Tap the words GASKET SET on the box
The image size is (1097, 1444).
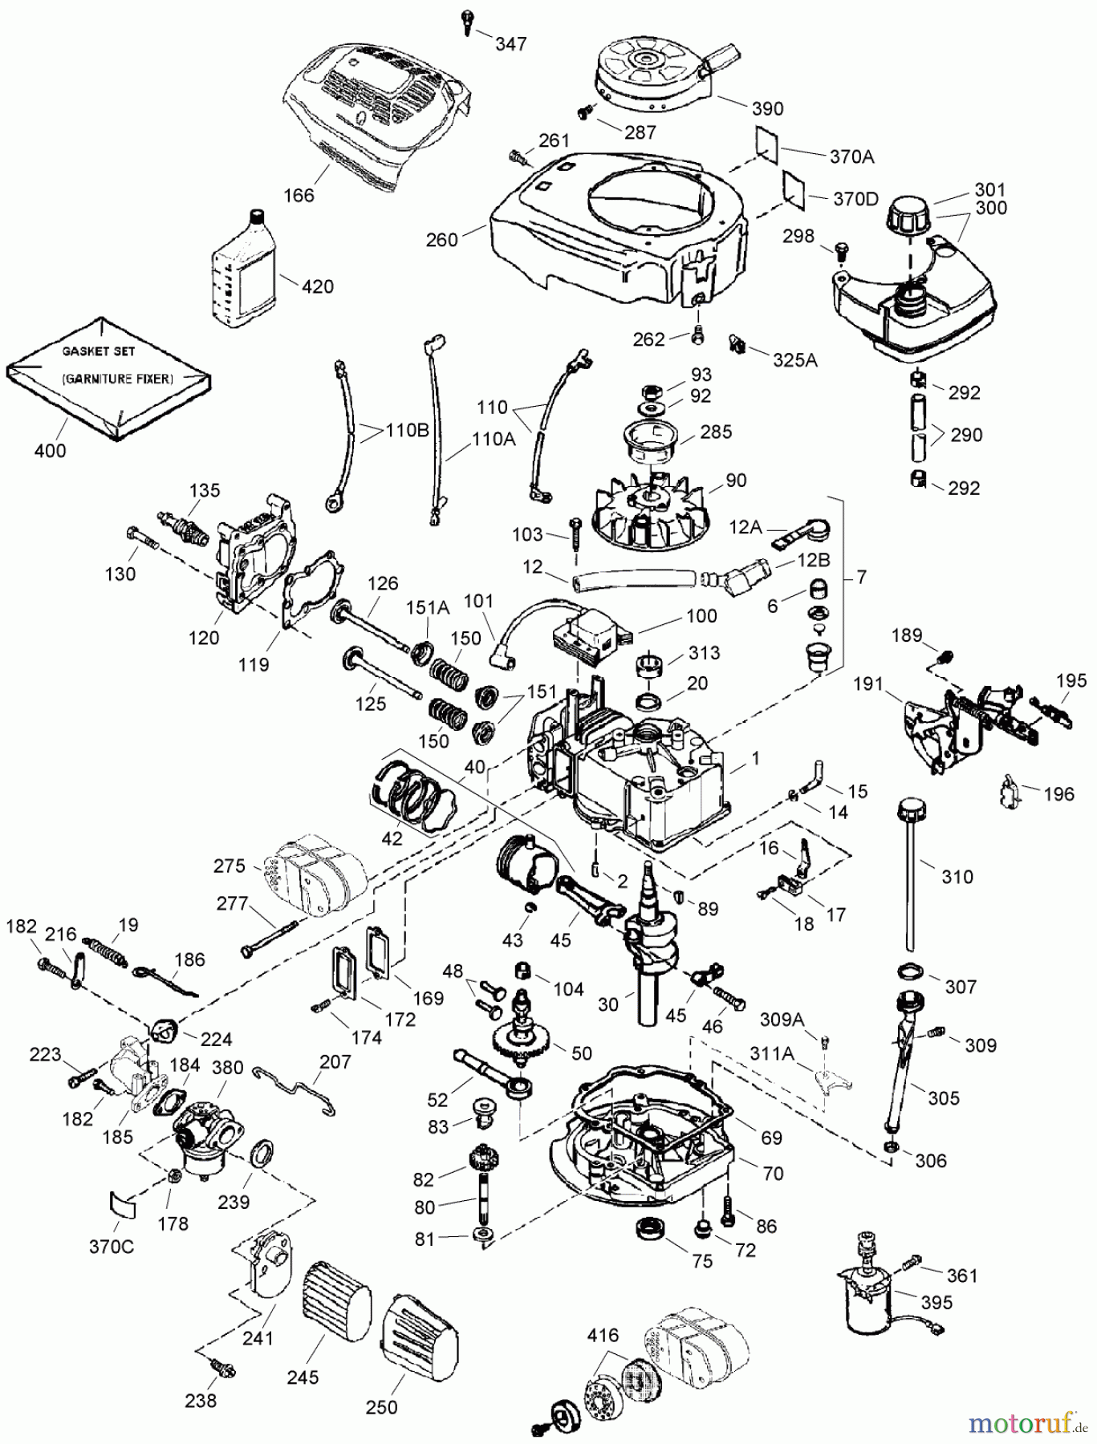pyautogui.click(x=100, y=351)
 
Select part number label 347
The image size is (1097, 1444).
pyautogui.click(x=510, y=43)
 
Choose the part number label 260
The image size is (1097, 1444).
pyautogui.click(x=441, y=239)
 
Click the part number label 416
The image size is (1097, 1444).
pyautogui.click(x=603, y=1336)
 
